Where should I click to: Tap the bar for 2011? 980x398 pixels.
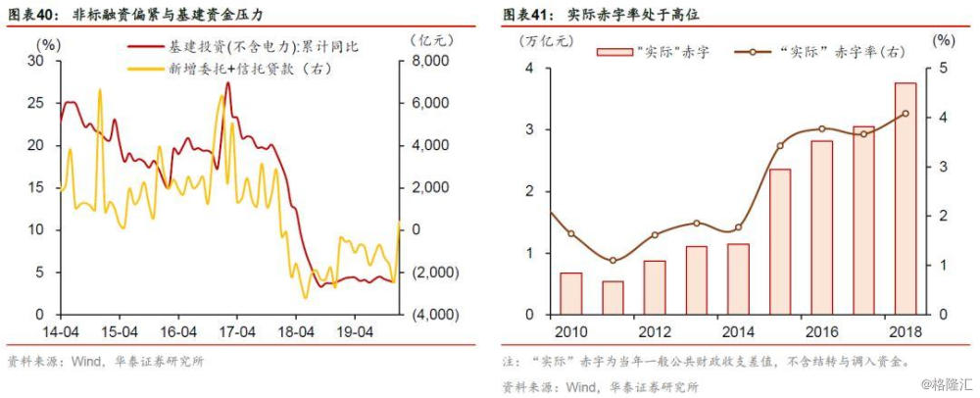[612, 297]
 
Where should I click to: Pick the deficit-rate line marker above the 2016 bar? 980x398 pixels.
[821, 128]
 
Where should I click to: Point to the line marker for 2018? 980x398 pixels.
[905, 114]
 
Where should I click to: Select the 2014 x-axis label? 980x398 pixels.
[738, 330]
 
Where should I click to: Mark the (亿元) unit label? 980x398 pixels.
[429, 40]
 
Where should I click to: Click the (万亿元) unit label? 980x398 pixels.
[541, 40]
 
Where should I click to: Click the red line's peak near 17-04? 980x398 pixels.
[228, 83]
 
